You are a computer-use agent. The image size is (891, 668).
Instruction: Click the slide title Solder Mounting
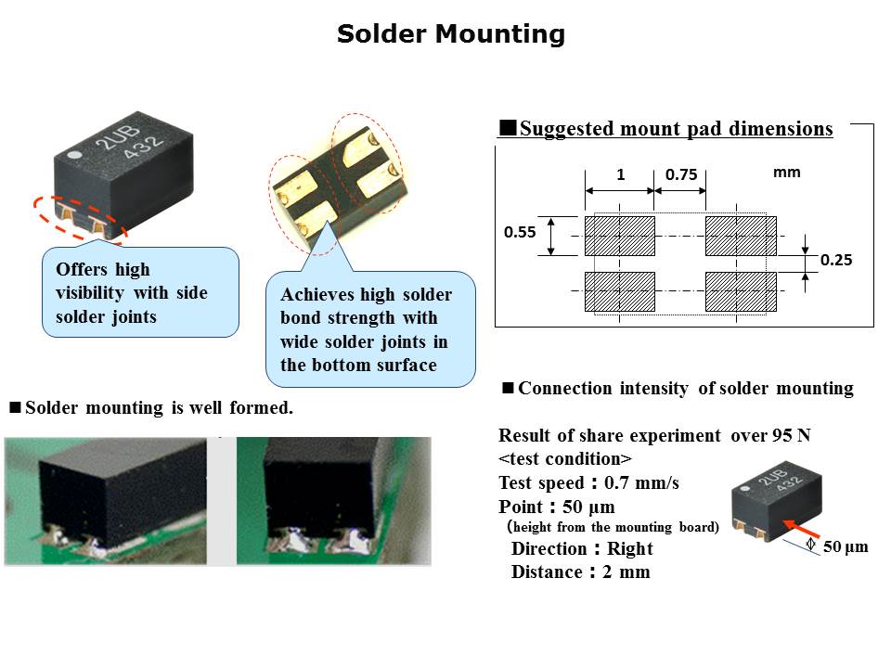click(x=451, y=34)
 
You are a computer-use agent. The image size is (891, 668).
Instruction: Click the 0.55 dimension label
click(x=520, y=233)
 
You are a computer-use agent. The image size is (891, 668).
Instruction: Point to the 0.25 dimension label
click(x=835, y=261)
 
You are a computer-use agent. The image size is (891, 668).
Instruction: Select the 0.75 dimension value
click(x=680, y=173)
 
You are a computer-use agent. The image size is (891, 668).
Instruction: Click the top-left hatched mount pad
click(x=620, y=236)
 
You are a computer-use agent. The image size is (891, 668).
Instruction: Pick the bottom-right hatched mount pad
click(x=740, y=291)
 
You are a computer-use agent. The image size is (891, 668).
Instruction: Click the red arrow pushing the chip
click(x=787, y=526)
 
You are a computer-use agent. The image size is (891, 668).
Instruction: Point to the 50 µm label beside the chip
click(x=845, y=546)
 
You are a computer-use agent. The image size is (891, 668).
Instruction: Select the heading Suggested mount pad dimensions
click(x=665, y=129)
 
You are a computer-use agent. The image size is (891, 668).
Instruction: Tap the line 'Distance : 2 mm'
click(x=580, y=572)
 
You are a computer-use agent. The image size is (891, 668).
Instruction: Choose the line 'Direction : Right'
click(x=582, y=548)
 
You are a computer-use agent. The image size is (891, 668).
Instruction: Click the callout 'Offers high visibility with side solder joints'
click(x=138, y=293)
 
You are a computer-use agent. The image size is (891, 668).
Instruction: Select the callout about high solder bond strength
click(x=370, y=329)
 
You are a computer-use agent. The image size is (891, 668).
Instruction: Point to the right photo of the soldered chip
click(x=333, y=501)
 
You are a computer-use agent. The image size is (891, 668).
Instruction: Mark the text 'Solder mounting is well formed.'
click(x=158, y=406)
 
